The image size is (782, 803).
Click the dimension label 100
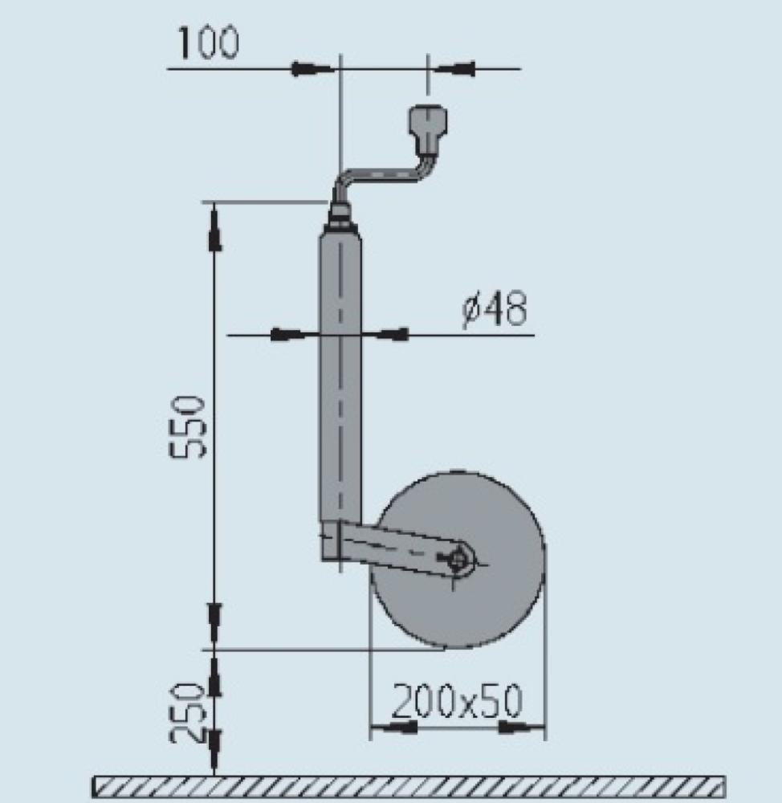tap(208, 43)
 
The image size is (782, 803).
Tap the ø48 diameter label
tap(495, 310)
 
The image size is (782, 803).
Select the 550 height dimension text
tap(192, 426)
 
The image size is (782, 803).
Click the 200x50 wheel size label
tap(456, 701)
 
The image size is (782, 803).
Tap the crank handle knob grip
tap(429, 128)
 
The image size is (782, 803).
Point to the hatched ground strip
tap(409, 787)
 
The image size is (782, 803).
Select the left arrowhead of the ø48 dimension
tap(287, 334)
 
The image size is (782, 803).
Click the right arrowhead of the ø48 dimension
tap(393, 334)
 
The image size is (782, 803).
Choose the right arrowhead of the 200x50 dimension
tap(515, 728)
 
